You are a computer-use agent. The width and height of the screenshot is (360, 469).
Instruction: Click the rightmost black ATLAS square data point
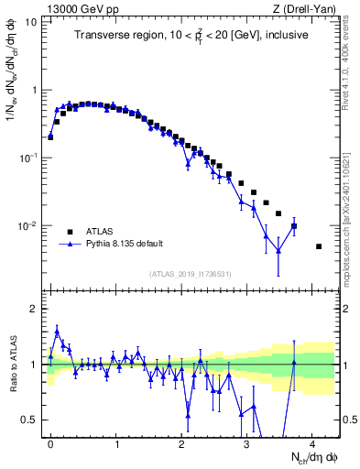coord(319,246)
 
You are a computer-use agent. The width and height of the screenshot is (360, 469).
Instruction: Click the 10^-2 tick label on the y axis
coord(30,226)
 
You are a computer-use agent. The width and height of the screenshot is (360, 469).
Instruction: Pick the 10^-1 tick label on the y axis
coord(30,158)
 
